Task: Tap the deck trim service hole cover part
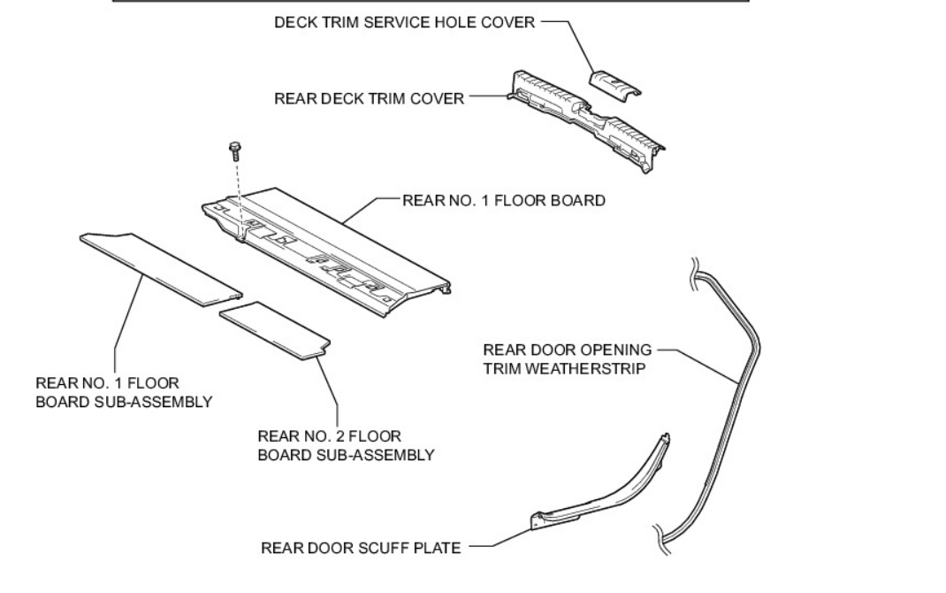614,82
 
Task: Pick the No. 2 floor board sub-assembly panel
275,329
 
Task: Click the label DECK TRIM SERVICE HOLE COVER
405,23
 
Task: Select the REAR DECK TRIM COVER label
369,99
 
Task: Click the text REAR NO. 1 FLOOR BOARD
504,201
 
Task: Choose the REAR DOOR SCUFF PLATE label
361,548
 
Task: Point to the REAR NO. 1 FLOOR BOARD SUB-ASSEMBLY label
124,393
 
